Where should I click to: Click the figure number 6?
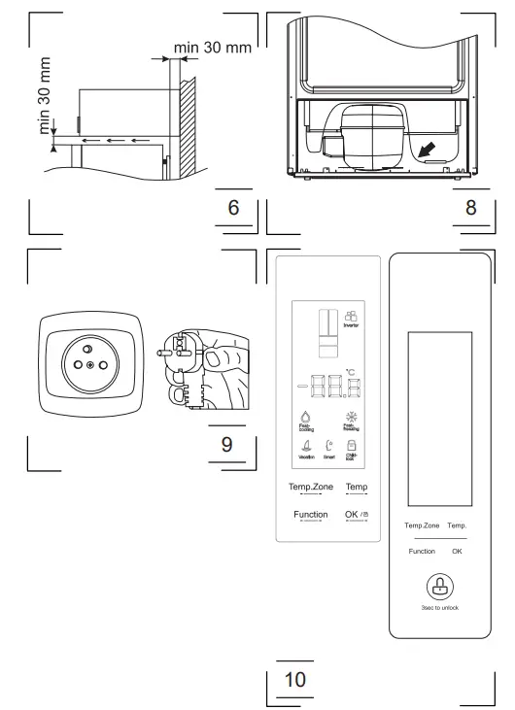[x=233, y=208]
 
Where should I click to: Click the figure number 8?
[x=470, y=208]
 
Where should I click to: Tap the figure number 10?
[x=294, y=679]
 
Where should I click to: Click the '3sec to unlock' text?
[x=438, y=608]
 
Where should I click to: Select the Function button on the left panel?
[x=310, y=514]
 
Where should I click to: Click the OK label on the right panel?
[x=457, y=551]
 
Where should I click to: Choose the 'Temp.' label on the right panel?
[x=457, y=525]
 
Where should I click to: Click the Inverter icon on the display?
[x=351, y=319]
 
